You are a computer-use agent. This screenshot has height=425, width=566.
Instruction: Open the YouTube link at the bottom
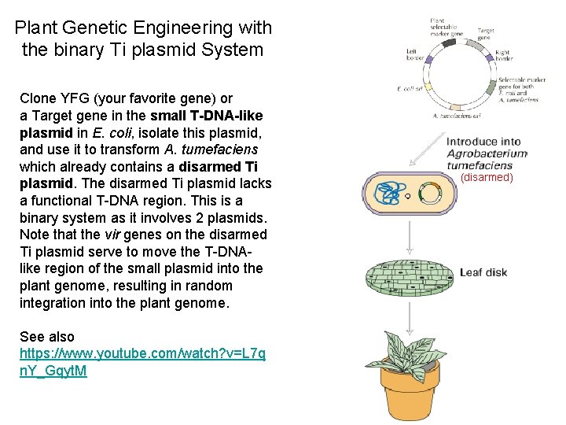click(x=141, y=353)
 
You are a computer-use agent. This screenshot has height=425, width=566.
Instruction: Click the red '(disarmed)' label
click(x=487, y=178)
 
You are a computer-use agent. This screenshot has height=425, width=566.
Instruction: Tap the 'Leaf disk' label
click(x=483, y=272)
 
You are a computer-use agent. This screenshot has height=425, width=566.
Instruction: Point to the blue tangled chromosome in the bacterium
click(x=388, y=194)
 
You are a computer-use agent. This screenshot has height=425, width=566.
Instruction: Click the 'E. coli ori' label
click(x=410, y=88)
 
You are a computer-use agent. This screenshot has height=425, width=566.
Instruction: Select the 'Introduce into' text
click(x=483, y=142)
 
